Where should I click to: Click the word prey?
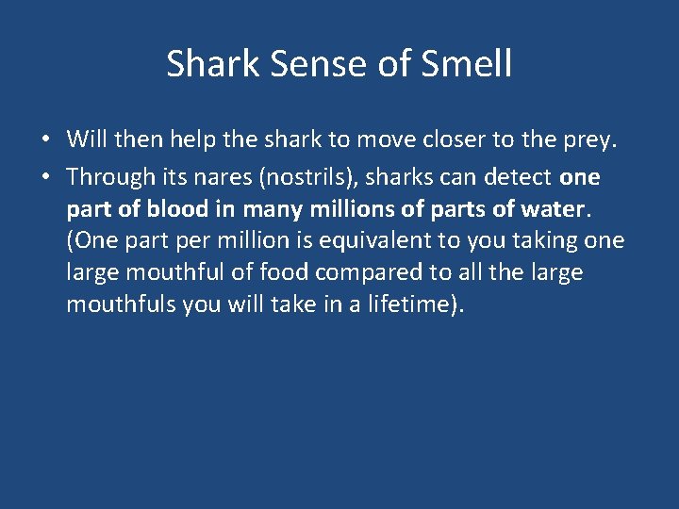[589, 140]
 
